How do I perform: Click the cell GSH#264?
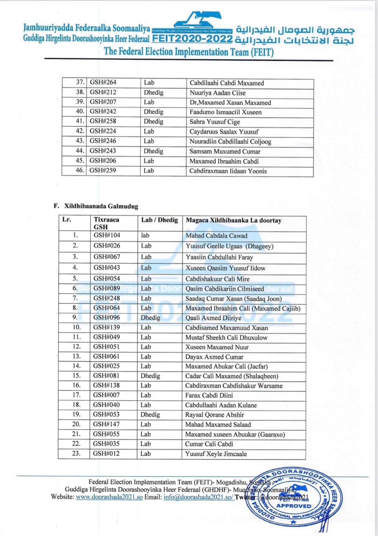(103, 83)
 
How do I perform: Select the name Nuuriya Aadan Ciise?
(217, 93)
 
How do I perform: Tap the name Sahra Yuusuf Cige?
(214, 122)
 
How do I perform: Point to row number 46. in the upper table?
(80, 170)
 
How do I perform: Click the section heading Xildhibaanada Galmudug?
(101, 206)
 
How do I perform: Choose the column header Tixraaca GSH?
(106, 223)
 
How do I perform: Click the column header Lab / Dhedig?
(159, 220)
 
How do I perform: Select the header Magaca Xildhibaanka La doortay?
(234, 220)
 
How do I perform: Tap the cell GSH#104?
(107, 235)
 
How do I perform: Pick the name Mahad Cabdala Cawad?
(216, 236)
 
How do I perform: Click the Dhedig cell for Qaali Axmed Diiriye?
(150, 318)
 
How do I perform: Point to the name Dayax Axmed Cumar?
(214, 357)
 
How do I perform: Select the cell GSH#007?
(106, 395)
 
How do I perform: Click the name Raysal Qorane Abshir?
(214, 415)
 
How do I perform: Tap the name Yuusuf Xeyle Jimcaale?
(216, 454)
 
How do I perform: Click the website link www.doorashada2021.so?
(109, 497)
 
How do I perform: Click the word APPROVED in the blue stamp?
(294, 506)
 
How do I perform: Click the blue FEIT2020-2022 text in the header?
(192, 39)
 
